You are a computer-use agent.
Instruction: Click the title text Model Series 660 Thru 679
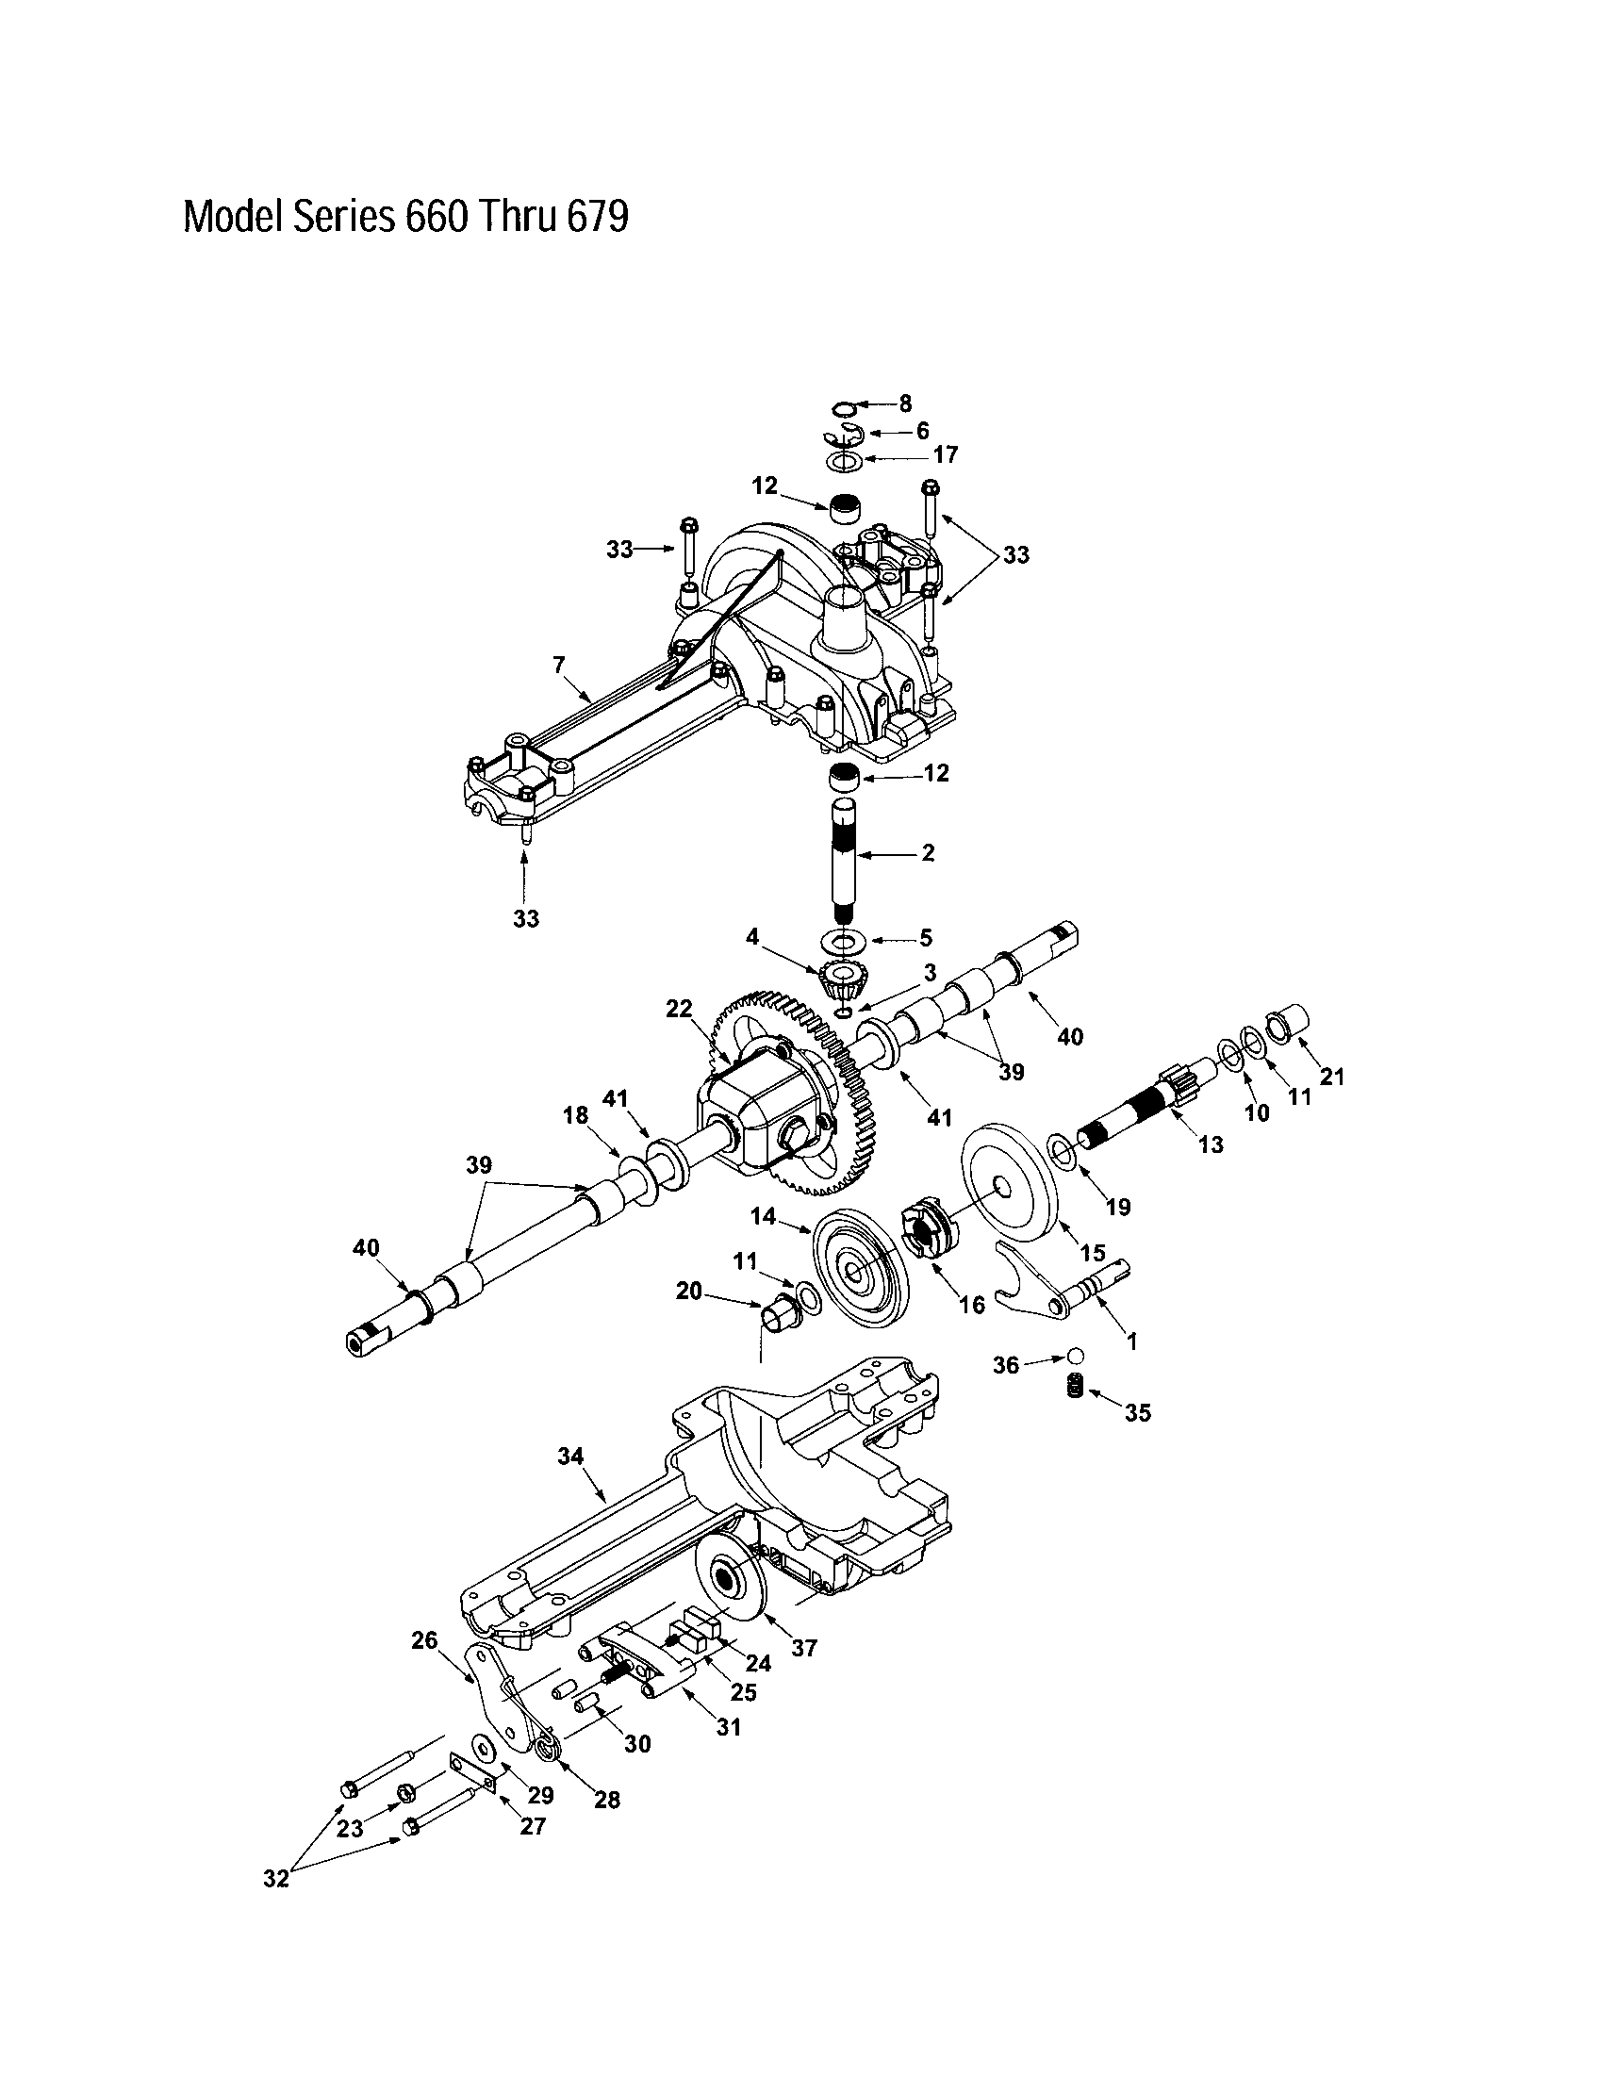(x=405, y=218)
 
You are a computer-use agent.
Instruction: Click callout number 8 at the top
(x=904, y=404)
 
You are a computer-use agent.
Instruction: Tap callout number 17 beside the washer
(x=945, y=455)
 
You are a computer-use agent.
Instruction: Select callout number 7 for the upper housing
(x=559, y=666)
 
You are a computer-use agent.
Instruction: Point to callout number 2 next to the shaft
(x=928, y=853)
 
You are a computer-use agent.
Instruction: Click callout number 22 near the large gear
(x=679, y=1010)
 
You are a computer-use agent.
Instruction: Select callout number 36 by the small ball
(x=1006, y=1366)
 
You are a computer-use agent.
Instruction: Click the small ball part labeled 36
(x=1075, y=1354)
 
